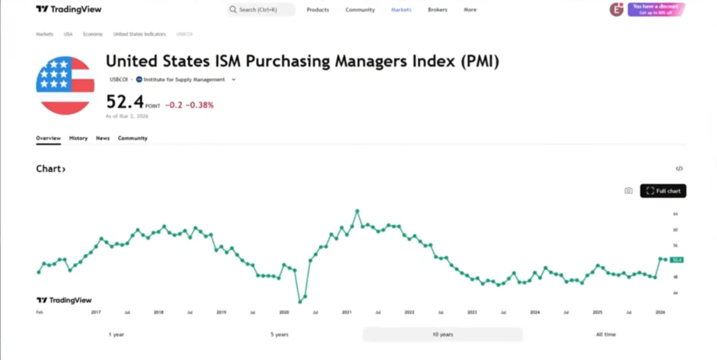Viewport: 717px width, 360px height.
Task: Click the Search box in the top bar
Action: (x=260, y=10)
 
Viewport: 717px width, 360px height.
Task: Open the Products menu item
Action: (x=318, y=10)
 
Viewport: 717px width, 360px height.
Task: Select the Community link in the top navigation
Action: (x=360, y=10)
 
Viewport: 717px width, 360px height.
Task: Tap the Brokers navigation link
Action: (x=437, y=10)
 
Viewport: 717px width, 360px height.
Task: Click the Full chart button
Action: (x=663, y=191)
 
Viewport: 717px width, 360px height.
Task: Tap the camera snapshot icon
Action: (x=628, y=191)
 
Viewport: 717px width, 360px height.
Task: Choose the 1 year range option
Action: (x=116, y=334)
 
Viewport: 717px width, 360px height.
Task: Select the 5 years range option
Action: (x=279, y=334)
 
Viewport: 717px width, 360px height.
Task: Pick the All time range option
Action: (x=606, y=334)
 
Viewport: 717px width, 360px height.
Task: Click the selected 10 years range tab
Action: (x=442, y=334)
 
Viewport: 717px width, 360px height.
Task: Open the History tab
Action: (x=78, y=138)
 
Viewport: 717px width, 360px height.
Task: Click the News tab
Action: (x=103, y=138)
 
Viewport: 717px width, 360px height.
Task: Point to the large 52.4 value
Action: (x=125, y=102)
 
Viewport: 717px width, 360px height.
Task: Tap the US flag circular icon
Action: (x=65, y=86)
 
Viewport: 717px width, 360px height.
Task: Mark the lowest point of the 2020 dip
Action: (x=300, y=301)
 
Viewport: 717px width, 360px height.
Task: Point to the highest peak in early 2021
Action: (x=357, y=211)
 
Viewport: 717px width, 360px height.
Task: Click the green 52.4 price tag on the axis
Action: (x=676, y=260)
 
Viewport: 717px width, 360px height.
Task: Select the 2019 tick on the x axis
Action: (x=221, y=313)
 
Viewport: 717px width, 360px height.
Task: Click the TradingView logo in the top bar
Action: (x=69, y=9)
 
